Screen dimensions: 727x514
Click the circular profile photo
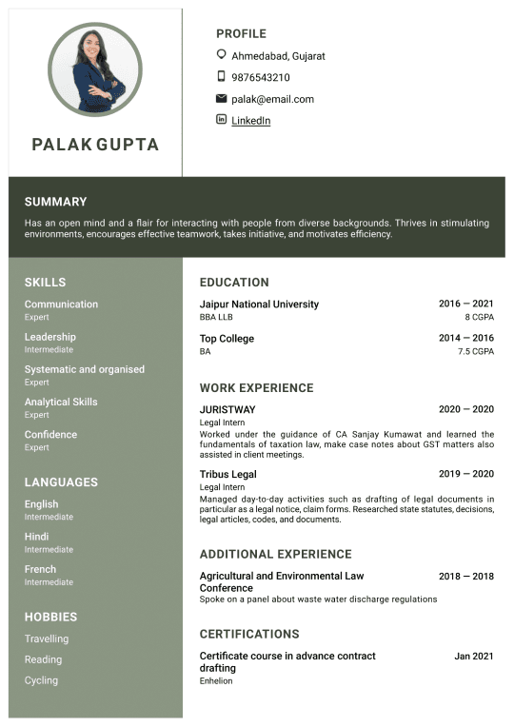tap(95, 69)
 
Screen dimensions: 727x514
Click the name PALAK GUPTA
tap(95, 145)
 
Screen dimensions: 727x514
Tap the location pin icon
tap(222, 55)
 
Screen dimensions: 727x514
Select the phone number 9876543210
tap(260, 78)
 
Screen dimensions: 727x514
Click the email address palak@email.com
tap(272, 99)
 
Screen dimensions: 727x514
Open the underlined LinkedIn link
tap(250, 121)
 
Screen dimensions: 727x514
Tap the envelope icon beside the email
tap(222, 99)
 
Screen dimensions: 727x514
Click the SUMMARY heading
tap(55, 202)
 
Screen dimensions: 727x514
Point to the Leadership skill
tap(50, 337)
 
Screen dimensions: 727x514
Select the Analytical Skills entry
tap(61, 402)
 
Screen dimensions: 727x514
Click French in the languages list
tap(40, 569)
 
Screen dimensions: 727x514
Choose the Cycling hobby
tap(41, 680)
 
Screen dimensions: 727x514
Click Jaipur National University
tap(259, 305)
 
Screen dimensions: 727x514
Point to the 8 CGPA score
tap(479, 317)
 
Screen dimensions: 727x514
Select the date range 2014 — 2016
tap(465, 338)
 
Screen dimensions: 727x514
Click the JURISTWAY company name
tap(227, 410)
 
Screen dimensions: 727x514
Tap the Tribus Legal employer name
tap(227, 474)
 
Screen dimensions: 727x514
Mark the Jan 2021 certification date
tap(474, 656)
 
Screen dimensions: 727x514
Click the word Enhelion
tap(216, 681)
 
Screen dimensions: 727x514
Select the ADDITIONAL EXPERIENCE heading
tap(275, 554)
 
